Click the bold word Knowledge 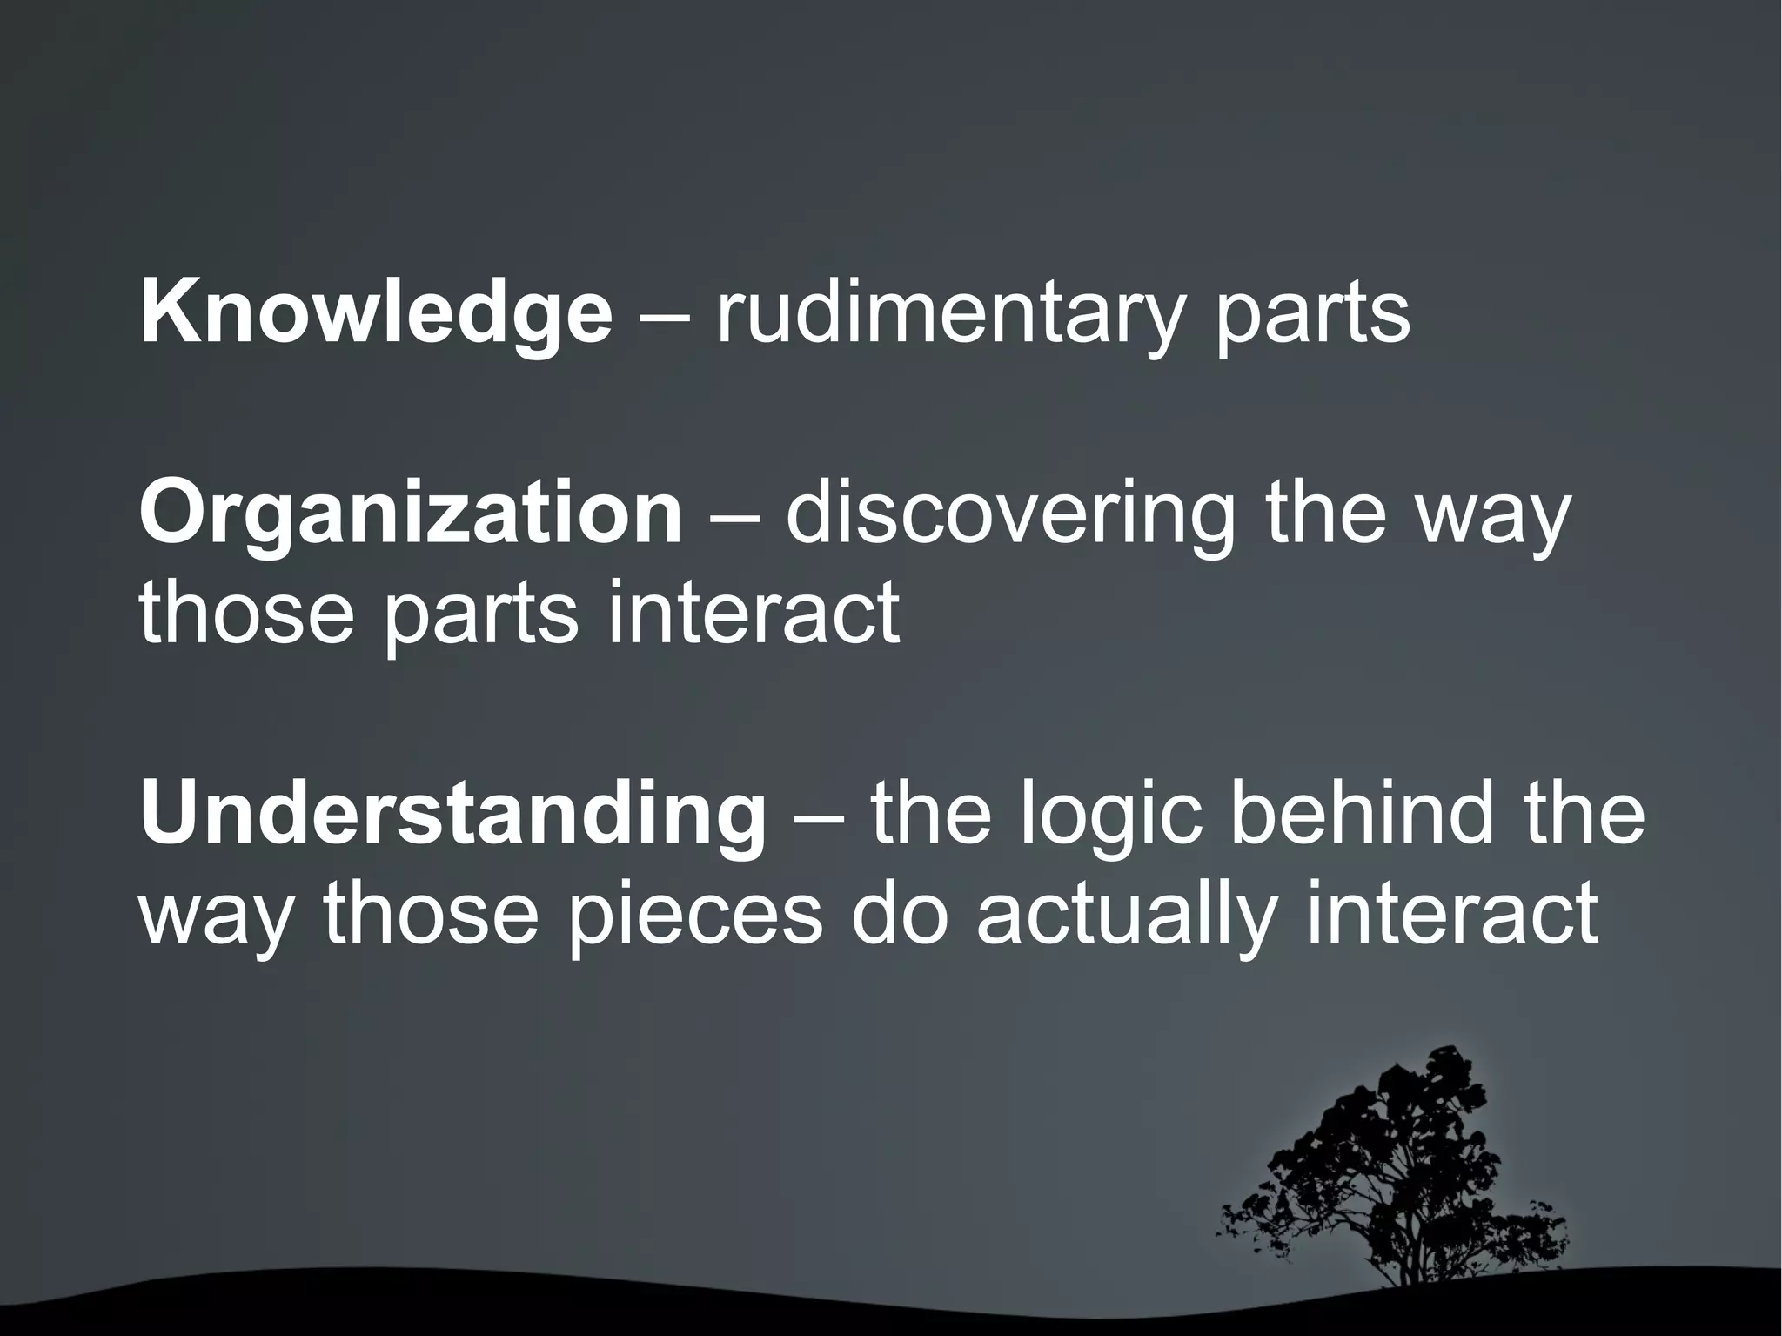pyautogui.click(x=376, y=315)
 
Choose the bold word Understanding pyautogui.click(x=452, y=818)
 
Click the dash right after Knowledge pyautogui.click(x=665, y=319)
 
